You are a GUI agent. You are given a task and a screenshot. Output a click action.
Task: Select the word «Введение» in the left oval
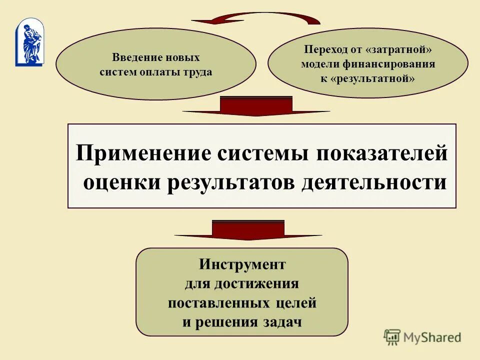(x=132, y=57)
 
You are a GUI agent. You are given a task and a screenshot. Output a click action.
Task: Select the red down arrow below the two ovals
(x=256, y=106)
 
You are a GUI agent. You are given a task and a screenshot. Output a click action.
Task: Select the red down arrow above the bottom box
(x=248, y=230)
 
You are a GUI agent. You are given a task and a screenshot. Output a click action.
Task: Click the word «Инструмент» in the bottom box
(x=242, y=263)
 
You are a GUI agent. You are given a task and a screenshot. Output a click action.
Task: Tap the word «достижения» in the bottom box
(x=257, y=283)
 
